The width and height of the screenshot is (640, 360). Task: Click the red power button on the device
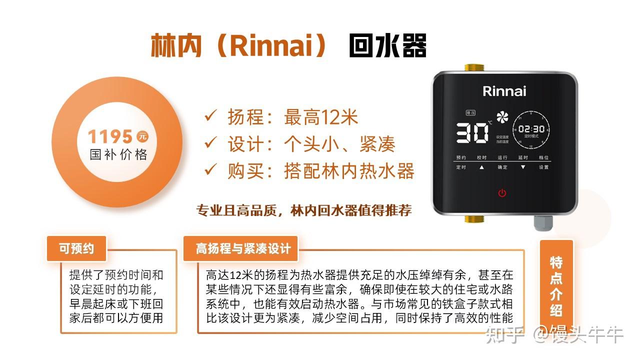point(502,193)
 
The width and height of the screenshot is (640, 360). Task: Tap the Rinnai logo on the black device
point(504,91)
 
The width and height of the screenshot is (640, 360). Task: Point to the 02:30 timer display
point(531,129)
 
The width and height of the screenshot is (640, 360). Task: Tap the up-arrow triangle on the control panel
point(482,167)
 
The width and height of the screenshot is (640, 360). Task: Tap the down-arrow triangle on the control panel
point(523,167)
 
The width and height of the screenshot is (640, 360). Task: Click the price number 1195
point(110,136)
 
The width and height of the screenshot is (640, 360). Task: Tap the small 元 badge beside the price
point(142,136)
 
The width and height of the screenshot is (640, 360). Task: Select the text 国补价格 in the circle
point(118,154)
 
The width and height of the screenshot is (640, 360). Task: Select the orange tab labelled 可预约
point(76,248)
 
